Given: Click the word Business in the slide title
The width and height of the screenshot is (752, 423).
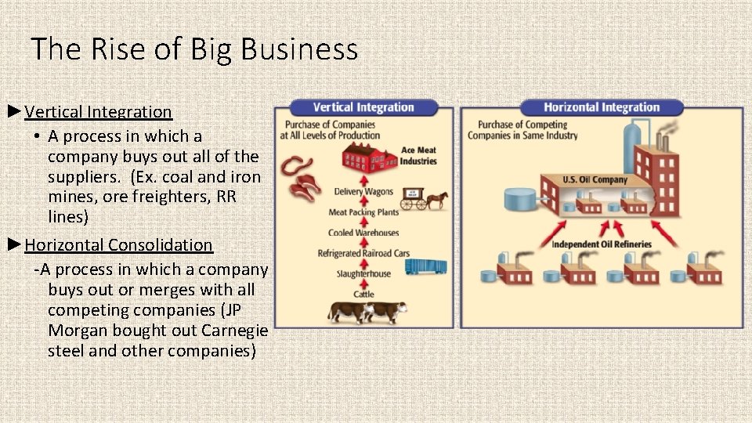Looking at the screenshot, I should click(299, 49).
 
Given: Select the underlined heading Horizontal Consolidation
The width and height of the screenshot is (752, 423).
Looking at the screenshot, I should click(118, 244).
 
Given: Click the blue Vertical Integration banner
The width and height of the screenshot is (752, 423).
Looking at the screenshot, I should click(363, 107).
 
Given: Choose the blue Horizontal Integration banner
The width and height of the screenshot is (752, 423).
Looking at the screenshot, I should click(602, 107).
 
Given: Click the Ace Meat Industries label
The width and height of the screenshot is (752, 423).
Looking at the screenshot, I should click(418, 156).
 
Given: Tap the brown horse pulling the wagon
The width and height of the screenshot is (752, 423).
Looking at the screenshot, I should click(436, 201).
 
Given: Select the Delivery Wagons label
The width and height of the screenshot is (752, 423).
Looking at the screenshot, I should click(363, 192).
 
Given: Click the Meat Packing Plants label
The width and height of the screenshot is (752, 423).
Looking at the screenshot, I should click(363, 212).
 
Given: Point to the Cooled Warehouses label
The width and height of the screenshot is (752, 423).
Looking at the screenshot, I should click(363, 233).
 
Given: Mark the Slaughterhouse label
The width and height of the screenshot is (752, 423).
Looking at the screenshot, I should click(363, 273).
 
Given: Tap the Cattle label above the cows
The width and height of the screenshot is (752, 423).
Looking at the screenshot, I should click(363, 294).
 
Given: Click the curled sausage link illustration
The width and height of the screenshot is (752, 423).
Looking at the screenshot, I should click(298, 165).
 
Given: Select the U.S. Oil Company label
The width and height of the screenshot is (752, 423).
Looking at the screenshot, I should click(595, 179).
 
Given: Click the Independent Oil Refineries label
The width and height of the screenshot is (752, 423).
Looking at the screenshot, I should click(601, 244).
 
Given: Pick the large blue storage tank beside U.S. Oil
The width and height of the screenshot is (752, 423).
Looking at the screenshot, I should click(519, 198).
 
